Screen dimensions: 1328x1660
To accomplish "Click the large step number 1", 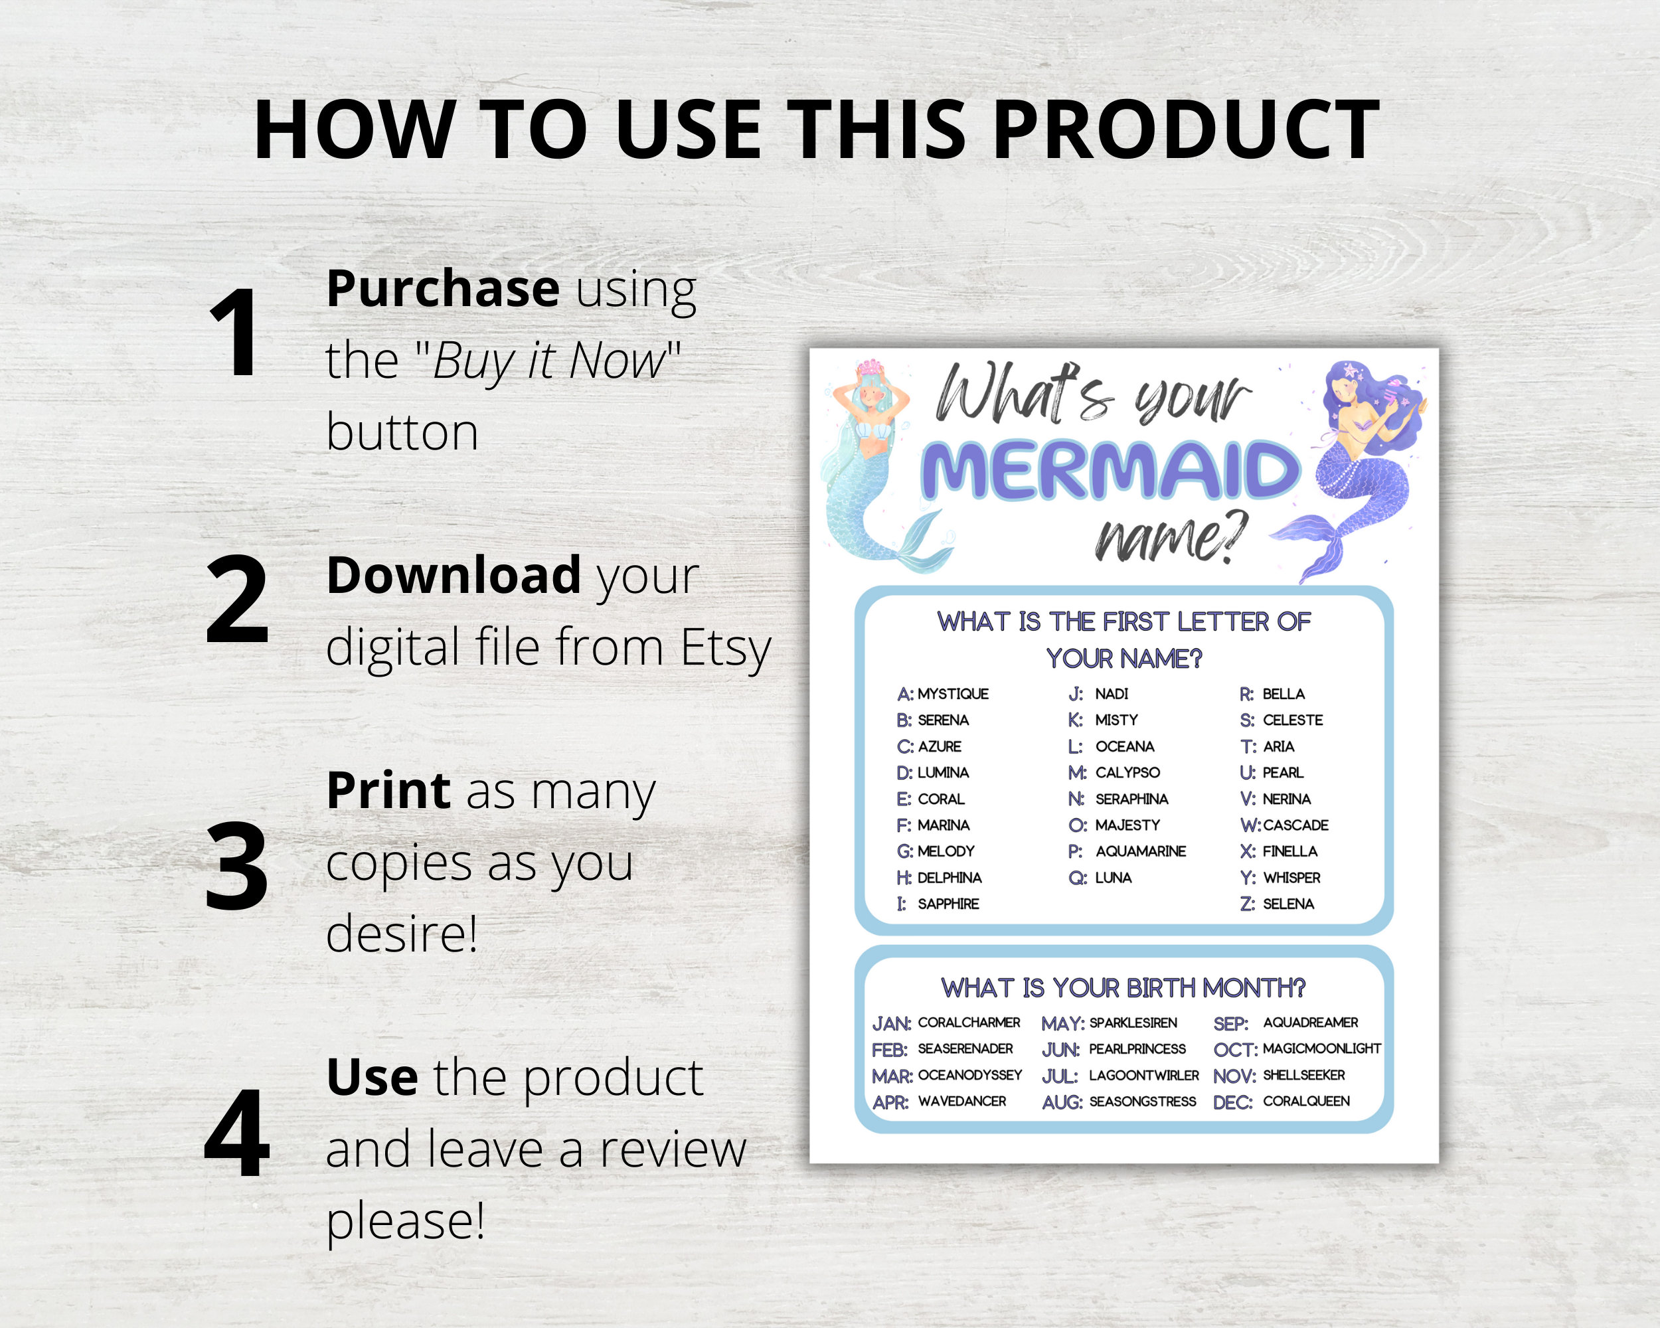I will click(x=235, y=333).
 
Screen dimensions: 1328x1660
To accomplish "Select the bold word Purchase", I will click(x=443, y=289).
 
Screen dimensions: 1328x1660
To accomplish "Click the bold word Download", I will click(x=454, y=575).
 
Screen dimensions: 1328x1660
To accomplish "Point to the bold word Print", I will click(x=388, y=790).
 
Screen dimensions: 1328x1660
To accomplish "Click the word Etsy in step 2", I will click(x=725, y=647).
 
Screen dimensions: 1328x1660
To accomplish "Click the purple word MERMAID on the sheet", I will click(x=1111, y=470).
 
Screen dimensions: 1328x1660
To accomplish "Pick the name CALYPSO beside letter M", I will click(x=1127, y=772).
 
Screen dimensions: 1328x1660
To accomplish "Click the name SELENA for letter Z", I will click(x=1288, y=904).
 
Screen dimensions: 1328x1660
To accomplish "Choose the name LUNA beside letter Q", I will click(x=1114, y=878).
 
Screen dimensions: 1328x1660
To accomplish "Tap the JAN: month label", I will click(x=891, y=1024).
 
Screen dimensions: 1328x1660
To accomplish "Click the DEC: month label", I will click(x=1232, y=1102).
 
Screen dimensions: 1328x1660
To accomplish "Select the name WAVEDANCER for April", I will click(x=961, y=1102).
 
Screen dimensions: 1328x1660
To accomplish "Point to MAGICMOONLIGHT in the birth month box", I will click(x=1321, y=1048).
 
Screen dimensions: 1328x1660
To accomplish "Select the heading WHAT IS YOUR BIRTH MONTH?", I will click(x=1123, y=988).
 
